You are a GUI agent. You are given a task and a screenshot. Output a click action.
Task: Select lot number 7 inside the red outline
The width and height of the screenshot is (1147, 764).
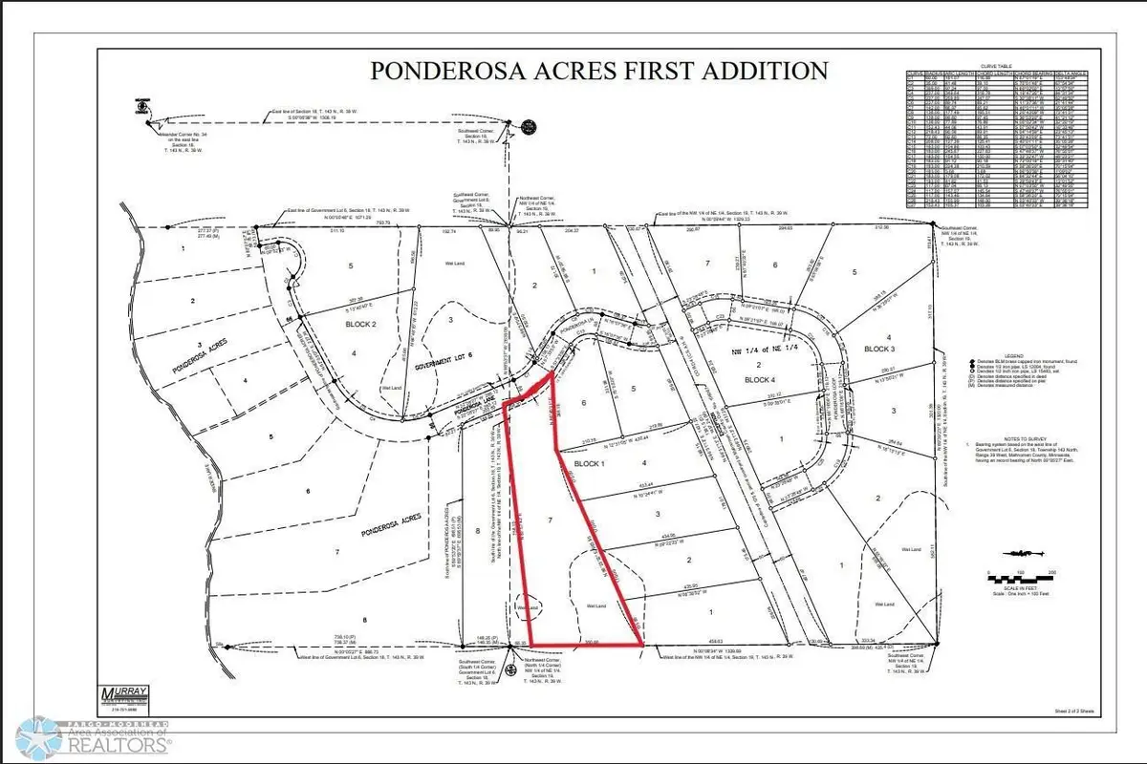point(550,521)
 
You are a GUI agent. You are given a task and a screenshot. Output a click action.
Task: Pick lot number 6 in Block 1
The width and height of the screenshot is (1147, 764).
point(583,404)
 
